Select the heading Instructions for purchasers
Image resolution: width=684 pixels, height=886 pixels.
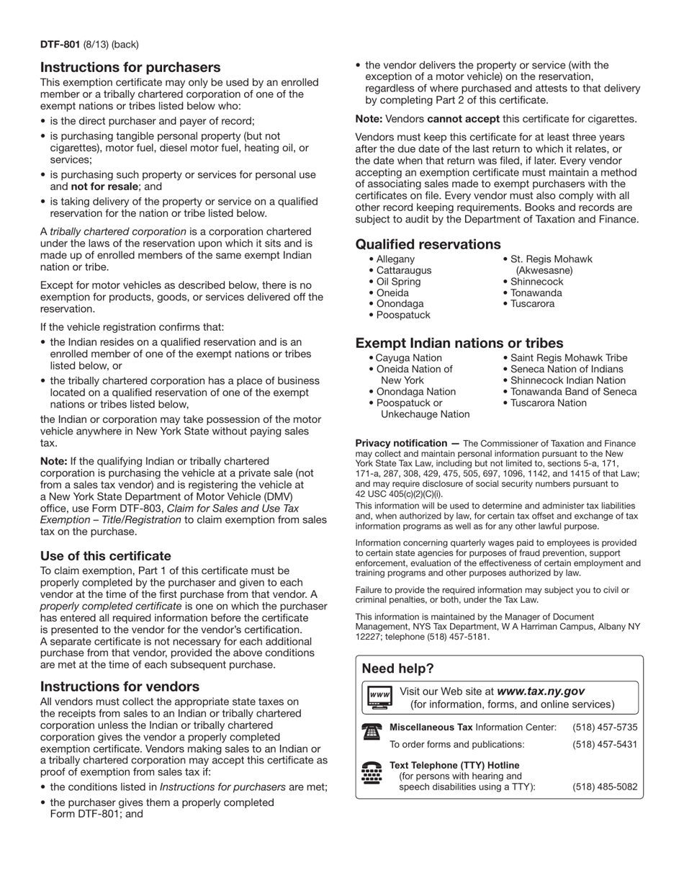[130, 68]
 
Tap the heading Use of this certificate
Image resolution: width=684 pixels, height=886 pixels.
[106, 556]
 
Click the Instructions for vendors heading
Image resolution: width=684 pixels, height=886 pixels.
[120, 686]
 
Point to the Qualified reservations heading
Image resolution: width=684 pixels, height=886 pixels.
[428, 244]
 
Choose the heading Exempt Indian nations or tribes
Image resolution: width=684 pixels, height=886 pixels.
[459, 343]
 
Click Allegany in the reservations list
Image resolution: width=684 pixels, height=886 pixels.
[395, 259]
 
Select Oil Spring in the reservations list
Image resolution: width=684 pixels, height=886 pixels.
[398, 282]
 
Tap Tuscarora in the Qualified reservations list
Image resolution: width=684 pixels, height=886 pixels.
[532, 304]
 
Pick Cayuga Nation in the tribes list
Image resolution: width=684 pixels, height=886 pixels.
[408, 358]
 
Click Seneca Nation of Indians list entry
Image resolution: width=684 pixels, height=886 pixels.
[567, 370]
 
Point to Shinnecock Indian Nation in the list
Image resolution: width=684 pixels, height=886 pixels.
[568, 380]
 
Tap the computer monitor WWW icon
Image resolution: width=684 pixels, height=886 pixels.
[379, 697]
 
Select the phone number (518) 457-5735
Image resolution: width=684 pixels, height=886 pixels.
[605, 728]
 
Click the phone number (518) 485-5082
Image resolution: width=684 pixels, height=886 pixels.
[605, 787]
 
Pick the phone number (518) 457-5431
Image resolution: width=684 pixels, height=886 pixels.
[605, 745]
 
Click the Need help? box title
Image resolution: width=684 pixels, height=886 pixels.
[397, 668]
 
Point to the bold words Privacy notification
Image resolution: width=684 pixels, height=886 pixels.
[401, 443]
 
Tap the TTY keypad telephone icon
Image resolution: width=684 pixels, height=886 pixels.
[372, 774]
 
